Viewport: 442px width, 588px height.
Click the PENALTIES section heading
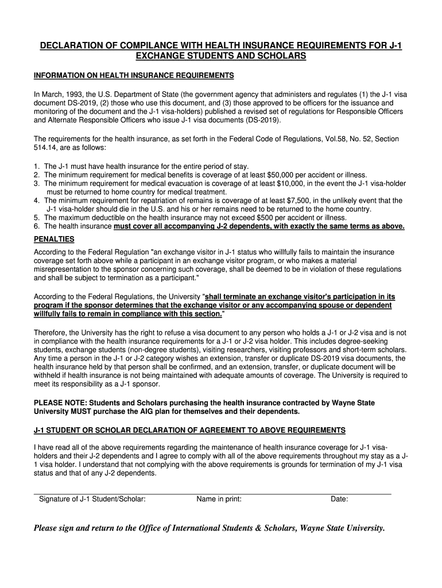click(x=54, y=239)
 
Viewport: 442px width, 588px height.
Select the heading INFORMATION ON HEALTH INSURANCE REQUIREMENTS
click(x=134, y=76)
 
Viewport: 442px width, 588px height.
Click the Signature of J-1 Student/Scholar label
click(x=92, y=499)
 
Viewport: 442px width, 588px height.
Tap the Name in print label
click(x=219, y=499)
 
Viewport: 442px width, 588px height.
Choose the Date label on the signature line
click(x=339, y=499)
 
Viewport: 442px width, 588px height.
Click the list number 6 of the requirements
click(x=37, y=226)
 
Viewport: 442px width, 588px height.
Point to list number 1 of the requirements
click(x=37, y=166)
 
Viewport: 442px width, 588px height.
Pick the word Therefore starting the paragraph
click(x=51, y=332)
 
